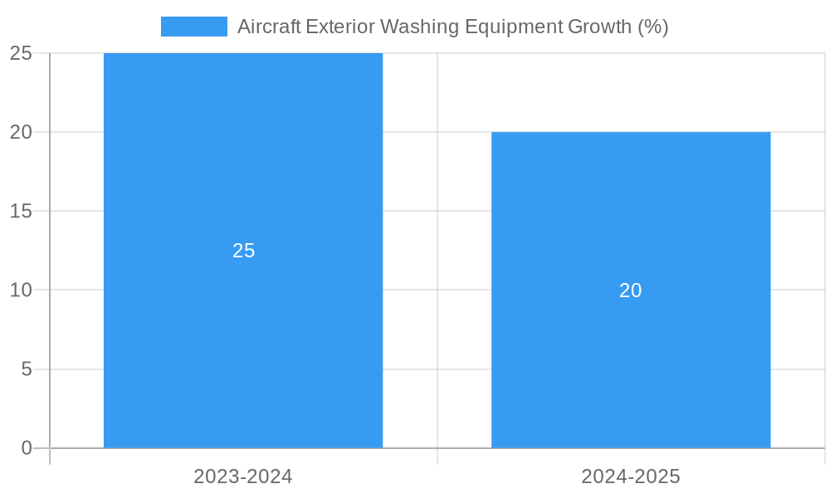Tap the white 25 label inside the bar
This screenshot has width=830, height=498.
[x=243, y=251]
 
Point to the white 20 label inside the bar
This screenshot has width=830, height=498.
[x=631, y=290]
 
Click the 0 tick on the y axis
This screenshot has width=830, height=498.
[x=26, y=448]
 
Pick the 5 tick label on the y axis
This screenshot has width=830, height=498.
[x=26, y=369]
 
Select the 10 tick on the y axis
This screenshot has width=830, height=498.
[x=21, y=290]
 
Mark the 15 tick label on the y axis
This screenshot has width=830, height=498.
[x=21, y=211]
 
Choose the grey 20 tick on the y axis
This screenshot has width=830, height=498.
[x=21, y=132]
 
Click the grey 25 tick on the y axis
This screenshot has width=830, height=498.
[x=21, y=53]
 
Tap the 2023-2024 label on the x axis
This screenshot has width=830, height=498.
[x=243, y=476]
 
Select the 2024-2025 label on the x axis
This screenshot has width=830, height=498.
[x=631, y=476]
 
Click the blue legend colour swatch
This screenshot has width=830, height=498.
[x=193, y=27]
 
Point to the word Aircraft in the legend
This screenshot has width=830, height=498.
[x=268, y=27]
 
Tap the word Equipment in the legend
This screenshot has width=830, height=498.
[x=513, y=27]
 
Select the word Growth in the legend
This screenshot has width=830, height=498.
[x=599, y=27]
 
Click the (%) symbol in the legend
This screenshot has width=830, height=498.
[x=653, y=27]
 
